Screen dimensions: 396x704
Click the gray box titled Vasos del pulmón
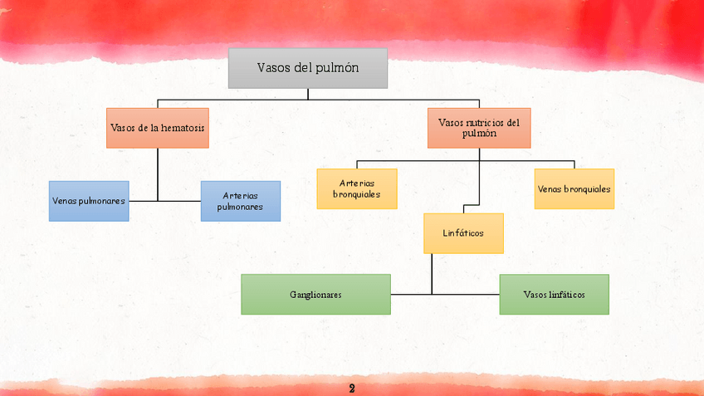tap(307, 68)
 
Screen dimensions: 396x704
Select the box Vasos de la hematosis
tap(158, 128)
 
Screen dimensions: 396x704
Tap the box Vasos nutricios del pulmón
tap(479, 128)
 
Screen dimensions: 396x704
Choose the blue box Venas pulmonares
tap(89, 201)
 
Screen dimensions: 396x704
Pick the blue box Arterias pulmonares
tap(241, 201)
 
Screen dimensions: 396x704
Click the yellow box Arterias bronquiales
tap(357, 188)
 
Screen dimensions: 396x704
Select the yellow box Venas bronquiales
tap(574, 188)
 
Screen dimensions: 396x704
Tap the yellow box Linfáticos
tap(463, 233)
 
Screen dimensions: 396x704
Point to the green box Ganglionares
tap(315, 295)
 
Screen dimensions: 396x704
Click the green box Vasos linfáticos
tap(554, 295)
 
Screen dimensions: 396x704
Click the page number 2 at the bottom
tap(352, 389)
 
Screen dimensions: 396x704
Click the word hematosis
tap(183, 128)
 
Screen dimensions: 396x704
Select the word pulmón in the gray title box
tap(338, 68)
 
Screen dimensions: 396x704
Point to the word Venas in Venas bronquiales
tap(549, 188)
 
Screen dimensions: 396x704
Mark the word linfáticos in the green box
tap(567, 295)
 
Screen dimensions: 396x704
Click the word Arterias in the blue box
tap(241, 196)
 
